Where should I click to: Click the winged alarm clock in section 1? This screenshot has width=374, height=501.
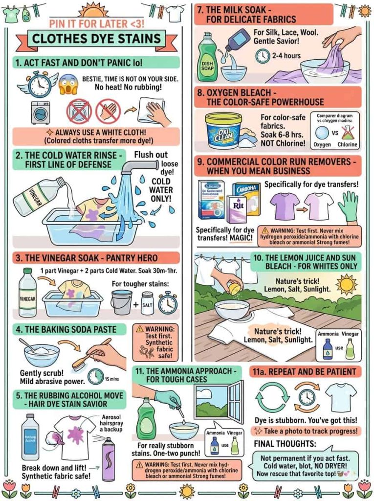[x=40, y=84]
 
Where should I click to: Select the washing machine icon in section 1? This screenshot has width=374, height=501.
[x=40, y=113]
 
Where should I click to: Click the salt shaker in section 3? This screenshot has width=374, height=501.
[x=147, y=303]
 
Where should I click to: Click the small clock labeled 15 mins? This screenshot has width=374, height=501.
[x=96, y=376]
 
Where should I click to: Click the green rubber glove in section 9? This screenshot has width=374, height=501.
[x=349, y=206]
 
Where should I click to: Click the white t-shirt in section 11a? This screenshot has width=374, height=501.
[x=341, y=396]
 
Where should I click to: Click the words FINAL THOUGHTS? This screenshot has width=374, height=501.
[x=285, y=444]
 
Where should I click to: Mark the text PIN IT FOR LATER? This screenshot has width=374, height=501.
[x=91, y=23]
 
